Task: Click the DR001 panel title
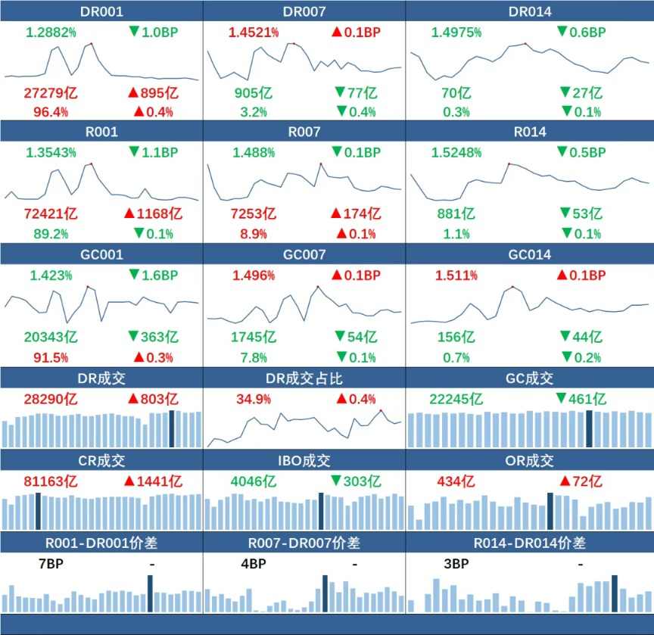pyautogui.click(x=101, y=11)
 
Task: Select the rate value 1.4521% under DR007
pyautogui.click(x=254, y=33)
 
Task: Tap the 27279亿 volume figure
pyautogui.click(x=51, y=93)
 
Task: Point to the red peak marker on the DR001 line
pyautogui.click(x=92, y=44)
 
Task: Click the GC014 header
pyautogui.click(x=530, y=255)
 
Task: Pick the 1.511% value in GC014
pyautogui.click(x=456, y=275)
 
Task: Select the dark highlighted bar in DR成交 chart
pyautogui.click(x=172, y=428)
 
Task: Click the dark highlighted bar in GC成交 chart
pyautogui.click(x=589, y=428)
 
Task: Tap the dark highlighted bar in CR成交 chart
pyautogui.click(x=38, y=512)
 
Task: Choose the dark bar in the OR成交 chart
pyautogui.click(x=550, y=510)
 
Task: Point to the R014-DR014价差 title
pyautogui.click(x=530, y=543)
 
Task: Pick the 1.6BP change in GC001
pyautogui.click(x=153, y=275)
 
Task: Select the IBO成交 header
pyautogui.click(x=303, y=460)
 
